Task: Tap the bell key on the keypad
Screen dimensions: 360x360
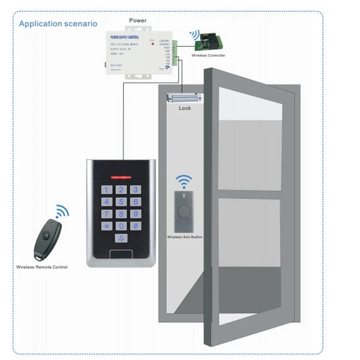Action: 122,239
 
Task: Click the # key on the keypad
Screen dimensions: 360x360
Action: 136,226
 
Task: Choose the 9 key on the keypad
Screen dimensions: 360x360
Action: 136,214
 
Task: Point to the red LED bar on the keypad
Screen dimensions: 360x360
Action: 122,178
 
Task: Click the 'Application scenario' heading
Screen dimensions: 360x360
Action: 58,24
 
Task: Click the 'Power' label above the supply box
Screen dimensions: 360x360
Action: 137,20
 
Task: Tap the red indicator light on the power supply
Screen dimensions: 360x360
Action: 154,44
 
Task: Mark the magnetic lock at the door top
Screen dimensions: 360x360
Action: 185,97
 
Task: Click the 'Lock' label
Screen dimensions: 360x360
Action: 185,109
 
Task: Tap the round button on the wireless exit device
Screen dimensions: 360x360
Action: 184,211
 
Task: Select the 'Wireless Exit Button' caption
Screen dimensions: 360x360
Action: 185,238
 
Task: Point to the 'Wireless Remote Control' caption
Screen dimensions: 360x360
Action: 42,266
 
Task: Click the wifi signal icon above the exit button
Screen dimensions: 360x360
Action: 184,181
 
